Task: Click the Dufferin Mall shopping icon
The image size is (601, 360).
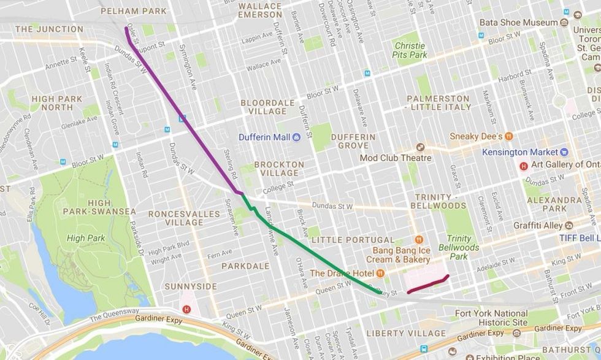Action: pos(296,137)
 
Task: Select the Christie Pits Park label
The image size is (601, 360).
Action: pos(410,50)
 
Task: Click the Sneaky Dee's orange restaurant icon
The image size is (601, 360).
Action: pos(509,136)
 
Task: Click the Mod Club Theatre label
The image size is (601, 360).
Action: pos(396,158)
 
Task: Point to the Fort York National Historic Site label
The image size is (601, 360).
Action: pos(491,318)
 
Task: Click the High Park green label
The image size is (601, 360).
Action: pos(86,238)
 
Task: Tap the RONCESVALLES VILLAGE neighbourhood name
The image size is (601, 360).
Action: pos(175,218)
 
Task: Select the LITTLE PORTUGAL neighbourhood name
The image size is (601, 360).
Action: pos(353,239)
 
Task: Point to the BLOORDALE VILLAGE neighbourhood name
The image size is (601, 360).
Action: pos(264,107)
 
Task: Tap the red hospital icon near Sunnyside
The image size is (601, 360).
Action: pos(186,310)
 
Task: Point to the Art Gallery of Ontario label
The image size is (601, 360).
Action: pos(561,164)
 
